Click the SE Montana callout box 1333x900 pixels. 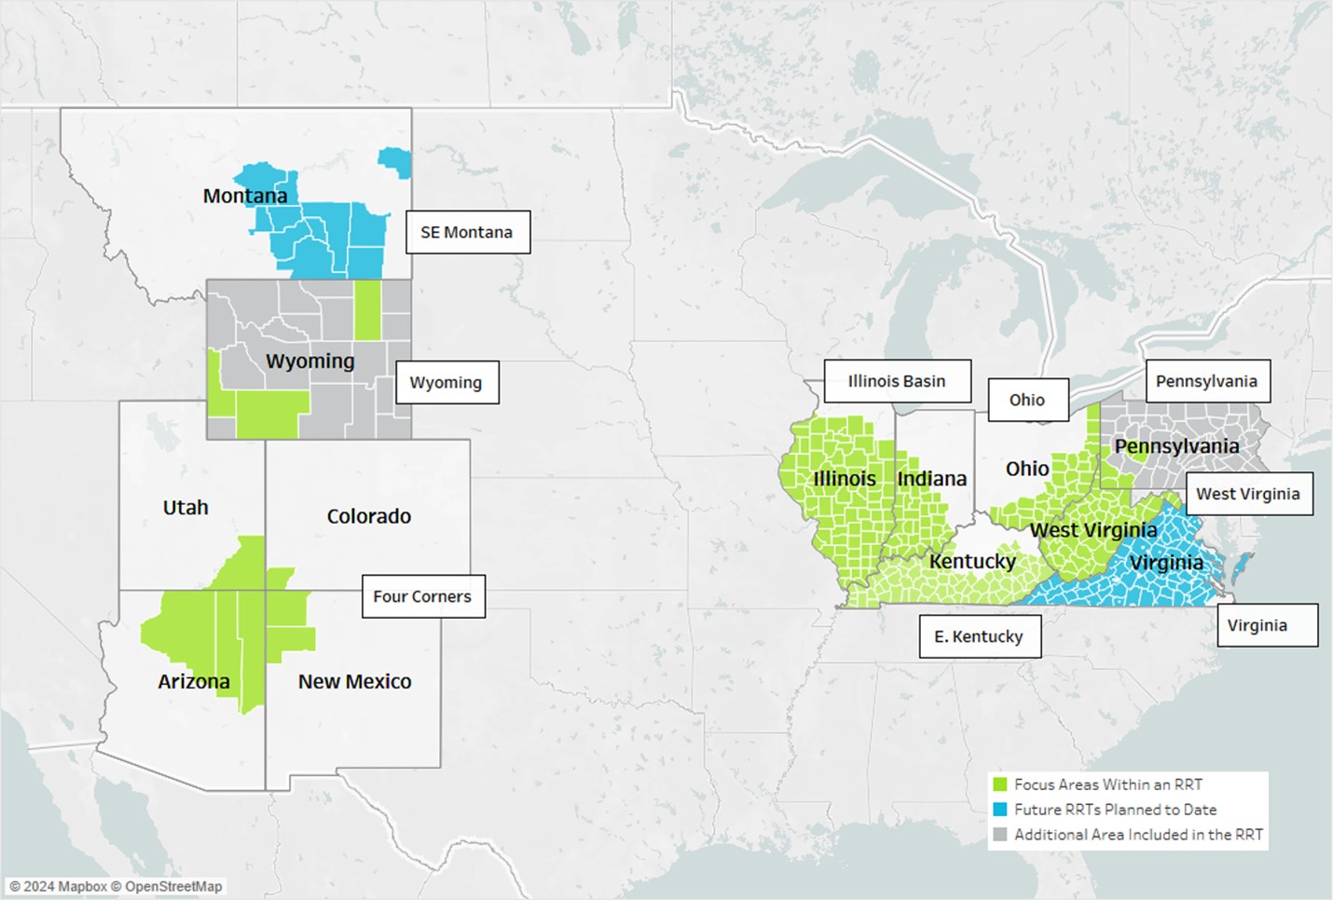click(x=467, y=232)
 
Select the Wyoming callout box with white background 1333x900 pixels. click(x=447, y=382)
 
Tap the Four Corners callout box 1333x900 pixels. click(x=422, y=596)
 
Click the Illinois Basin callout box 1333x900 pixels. click(x=896, y=381)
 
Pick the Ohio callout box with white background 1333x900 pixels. click(x=1027, y=400)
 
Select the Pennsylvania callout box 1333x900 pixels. click(x=1206, y=381)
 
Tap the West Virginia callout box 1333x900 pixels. click(x=1247, y=494)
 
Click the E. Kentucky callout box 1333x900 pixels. click(x=979, y=636)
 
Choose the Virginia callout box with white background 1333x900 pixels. click(x=1257, y=625)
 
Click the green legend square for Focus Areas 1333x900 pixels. click(x=1000, y=784)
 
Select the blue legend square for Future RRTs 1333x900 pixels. click(x=1000, y=810)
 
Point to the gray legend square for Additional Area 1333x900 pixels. click(x=1000, y=835)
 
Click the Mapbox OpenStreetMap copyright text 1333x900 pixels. click(x=116, y=886)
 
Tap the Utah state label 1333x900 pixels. click(x=186, y=508)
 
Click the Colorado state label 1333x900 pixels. click(x=368, y=516)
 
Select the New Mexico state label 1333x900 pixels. click(x=354, y=681)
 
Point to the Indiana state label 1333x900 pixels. click(x=931, y=478)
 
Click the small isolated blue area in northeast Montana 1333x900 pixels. click(x=396, y=161)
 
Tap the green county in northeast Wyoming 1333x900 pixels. click(x=367, y=309)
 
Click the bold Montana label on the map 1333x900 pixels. click(x=245, y=196)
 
